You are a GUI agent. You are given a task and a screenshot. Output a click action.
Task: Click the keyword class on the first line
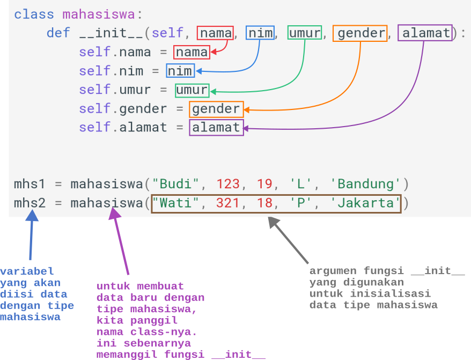point(34,14)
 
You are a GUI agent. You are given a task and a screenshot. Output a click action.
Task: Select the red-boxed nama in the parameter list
point(215,33)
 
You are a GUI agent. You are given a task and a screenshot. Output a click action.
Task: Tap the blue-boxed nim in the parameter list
point(260,33)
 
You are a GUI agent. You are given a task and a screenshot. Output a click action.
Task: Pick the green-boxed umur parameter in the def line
point(305,33)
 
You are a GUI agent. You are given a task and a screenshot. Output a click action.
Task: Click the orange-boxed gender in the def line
point(360,33)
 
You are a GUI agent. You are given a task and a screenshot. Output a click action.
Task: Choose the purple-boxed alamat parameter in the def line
point(425,33)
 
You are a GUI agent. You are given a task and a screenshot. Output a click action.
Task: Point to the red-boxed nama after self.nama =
point(192,52)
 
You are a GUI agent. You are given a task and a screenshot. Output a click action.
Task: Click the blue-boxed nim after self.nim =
point(180,71)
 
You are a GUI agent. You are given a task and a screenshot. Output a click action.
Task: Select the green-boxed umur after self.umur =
point(192,90)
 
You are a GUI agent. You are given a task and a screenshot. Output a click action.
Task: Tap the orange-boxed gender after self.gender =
point(216,109)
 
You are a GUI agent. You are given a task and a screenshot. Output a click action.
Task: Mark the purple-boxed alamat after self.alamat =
point(216,128)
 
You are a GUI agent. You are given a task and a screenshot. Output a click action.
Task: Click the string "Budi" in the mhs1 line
point(176,184)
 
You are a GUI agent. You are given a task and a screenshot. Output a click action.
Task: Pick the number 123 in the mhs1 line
point(228,184)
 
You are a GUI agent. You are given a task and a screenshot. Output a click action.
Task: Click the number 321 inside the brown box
point(228,203)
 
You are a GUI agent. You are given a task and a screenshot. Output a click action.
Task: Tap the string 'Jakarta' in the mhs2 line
point(365,203)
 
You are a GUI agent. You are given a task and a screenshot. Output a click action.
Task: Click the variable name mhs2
point(30,203)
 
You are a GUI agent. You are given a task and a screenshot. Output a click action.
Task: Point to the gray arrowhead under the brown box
point(274,222)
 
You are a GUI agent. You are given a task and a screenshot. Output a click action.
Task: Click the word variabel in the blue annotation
point(27,271)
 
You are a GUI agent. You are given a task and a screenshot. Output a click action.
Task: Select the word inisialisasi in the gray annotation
point(391,293)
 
